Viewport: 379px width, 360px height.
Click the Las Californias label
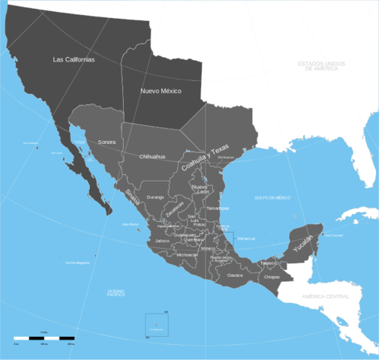point(74,59)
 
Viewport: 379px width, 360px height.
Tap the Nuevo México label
point(161,91)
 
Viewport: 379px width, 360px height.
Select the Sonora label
point(107,142)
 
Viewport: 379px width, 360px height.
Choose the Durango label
point(155,196)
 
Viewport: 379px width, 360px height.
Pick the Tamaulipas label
point(217,207)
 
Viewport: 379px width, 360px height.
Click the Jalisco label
point(162,241)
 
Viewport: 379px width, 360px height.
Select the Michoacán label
point(187,254)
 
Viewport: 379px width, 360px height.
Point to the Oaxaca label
point(235,275)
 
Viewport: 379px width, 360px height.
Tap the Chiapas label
point(271,277)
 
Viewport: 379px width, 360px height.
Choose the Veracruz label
point(245,238)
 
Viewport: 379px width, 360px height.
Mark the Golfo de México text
point(272,197)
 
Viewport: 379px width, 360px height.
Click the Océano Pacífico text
point(117,292)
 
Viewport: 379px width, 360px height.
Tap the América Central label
point(325,297)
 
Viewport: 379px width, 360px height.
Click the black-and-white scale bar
point(44,338)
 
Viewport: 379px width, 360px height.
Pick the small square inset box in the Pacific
point(156,324)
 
